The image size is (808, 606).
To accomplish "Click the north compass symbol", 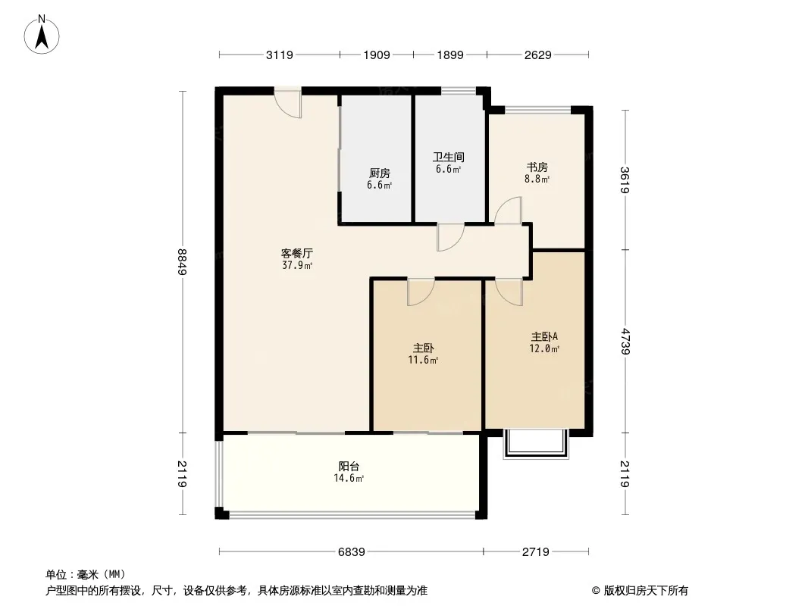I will coord(43,33).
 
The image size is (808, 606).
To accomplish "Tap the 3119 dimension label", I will coord(280,55).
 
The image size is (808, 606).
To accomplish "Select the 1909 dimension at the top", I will coord(377,55).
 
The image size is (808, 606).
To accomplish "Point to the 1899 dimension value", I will coord(450,55).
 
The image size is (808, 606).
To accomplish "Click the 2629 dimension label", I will coord(537,55).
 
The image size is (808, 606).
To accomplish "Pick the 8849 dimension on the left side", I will coord(183,262).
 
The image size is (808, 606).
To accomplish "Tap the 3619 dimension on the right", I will coord(625,180).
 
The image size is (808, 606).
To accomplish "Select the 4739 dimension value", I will coord(625,341).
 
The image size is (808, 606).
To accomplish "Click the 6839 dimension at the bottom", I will coord(352,552).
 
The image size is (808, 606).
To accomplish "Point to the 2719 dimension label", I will coord(536,552).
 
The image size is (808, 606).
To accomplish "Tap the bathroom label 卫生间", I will coord(448,158).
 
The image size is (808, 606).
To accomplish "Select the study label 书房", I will coord(537,167).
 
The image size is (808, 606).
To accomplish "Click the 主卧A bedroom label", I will coord(544,337).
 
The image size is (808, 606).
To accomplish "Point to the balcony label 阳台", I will coord(349,467).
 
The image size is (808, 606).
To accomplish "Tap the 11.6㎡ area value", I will coord(424,361).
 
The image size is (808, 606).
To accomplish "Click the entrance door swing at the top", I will coord(289,104).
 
